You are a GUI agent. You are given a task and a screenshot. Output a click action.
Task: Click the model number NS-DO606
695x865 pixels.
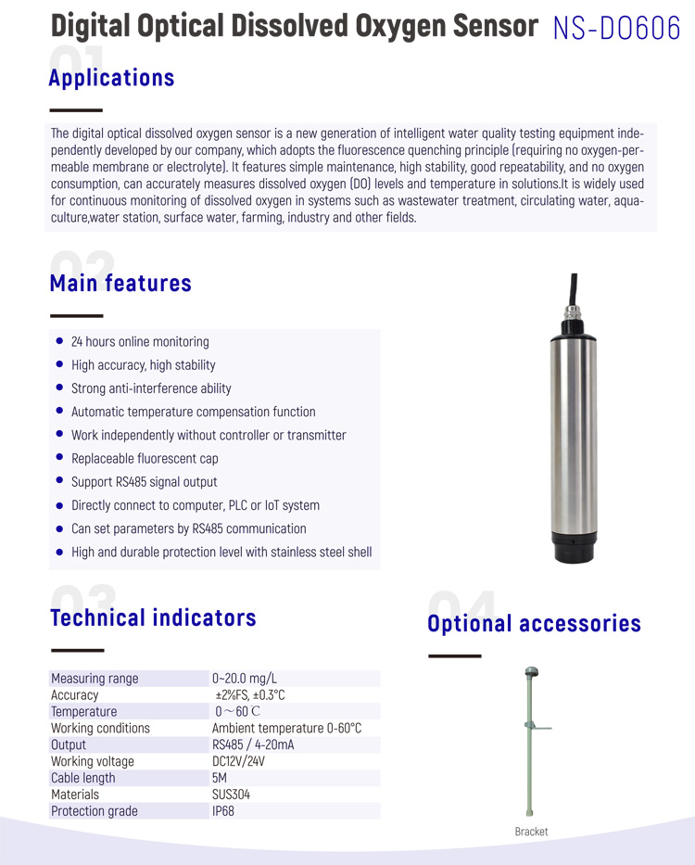pos(615,28)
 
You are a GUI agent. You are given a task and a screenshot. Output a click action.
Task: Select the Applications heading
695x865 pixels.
pos(111,78)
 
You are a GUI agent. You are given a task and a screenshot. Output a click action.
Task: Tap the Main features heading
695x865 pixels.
pos(120,283)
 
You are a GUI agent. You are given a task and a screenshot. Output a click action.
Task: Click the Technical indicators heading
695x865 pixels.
pos(153,618)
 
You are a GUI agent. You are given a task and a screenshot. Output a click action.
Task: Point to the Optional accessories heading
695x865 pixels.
pos(534,623)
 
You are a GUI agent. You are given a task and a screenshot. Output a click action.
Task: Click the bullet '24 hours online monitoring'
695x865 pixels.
pos(140,342)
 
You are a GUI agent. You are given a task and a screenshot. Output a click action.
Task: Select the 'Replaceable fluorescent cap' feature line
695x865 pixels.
pos(145,459)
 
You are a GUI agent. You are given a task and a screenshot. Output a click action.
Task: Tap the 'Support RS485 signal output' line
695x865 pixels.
pos(144,482)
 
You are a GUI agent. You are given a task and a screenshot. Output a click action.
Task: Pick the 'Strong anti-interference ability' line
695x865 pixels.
pos(151,388)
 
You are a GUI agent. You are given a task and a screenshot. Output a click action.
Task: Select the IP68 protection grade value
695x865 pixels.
pos(223,811)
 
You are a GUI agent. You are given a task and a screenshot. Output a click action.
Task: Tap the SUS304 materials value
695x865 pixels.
pos(231,795)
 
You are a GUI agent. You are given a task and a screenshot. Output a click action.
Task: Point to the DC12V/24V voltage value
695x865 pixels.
pos(238,761)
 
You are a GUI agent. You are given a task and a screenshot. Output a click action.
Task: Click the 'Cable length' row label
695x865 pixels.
pos(83,778)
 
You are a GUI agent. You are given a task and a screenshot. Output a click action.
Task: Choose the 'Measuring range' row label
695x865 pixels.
pos(95,679)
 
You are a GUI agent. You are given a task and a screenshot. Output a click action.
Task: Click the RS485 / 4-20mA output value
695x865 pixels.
pos(253,744)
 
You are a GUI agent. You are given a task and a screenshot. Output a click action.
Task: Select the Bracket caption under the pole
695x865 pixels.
pos(531,832)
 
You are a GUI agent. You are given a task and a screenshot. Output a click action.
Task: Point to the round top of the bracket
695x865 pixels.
pos(532,671)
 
